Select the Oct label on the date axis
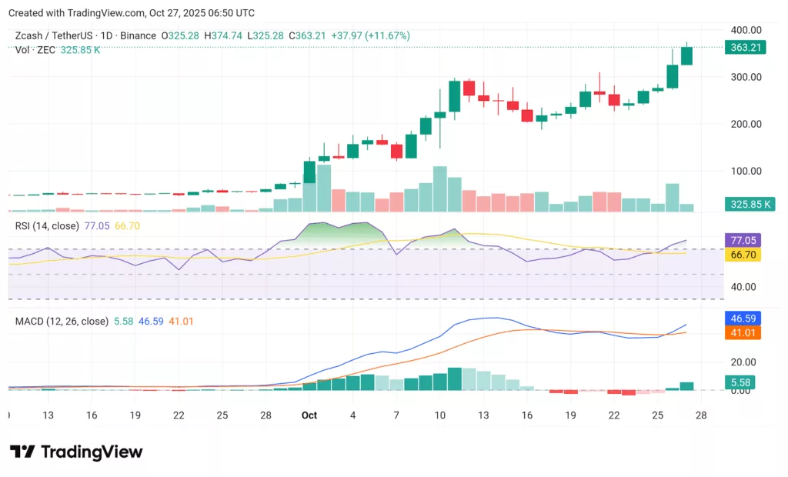309,415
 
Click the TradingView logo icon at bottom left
22,452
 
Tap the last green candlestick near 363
686,55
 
